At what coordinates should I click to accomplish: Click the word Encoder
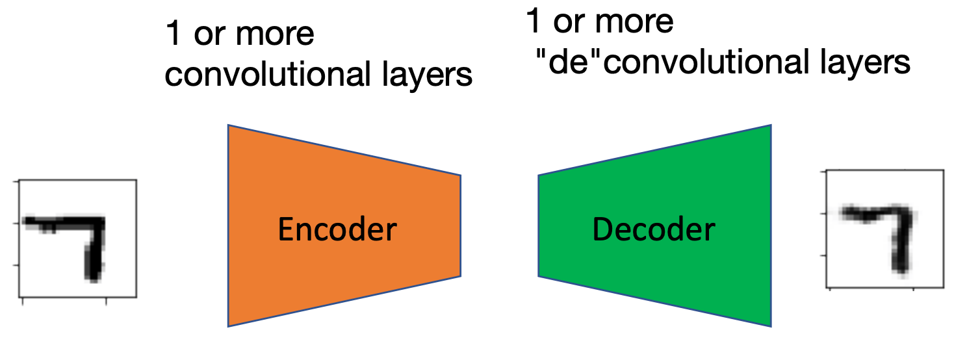(x=337, y=230)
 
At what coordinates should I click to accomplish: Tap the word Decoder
(x=653, y=229)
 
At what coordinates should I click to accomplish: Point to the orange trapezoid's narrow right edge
(x=460, y=225)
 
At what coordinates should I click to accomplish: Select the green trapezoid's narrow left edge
(x=539, y=225)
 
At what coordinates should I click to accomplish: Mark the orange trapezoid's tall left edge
(x=228, y=225)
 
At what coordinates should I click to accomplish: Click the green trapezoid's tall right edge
(x=771, y=225)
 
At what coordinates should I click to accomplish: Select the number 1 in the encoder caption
(x=173, y=34)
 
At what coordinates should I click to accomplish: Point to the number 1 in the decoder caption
(x=533, y=22)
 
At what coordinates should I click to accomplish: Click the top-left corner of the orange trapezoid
(x=229, y=125)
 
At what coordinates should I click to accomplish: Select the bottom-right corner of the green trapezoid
(x=771, y=325)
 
